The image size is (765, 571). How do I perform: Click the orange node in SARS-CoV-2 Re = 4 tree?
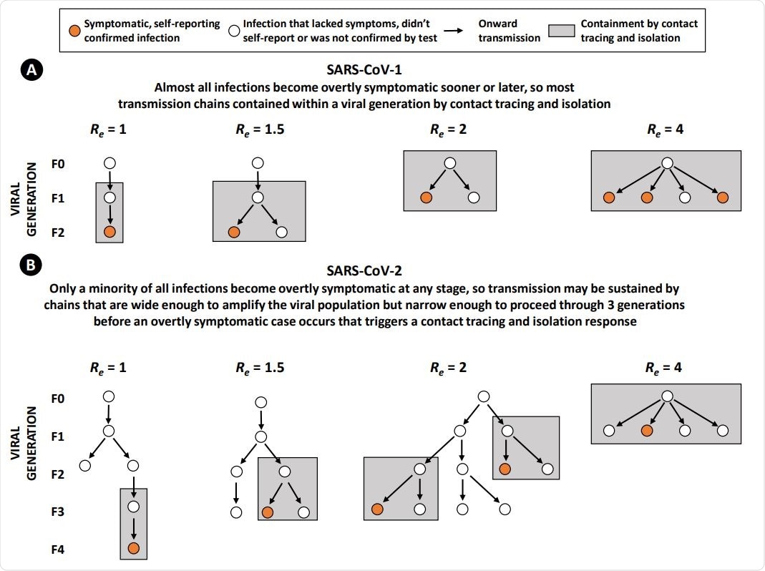tap(647, 430)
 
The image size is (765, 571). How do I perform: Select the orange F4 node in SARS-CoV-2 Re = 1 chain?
tap(133, 549)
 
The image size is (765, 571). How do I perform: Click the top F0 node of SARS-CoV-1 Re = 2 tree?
tap(449, 163)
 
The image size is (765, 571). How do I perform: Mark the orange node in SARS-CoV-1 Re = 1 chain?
tap(109, 232)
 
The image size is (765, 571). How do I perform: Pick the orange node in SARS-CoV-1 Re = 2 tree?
tap(425, 197)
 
